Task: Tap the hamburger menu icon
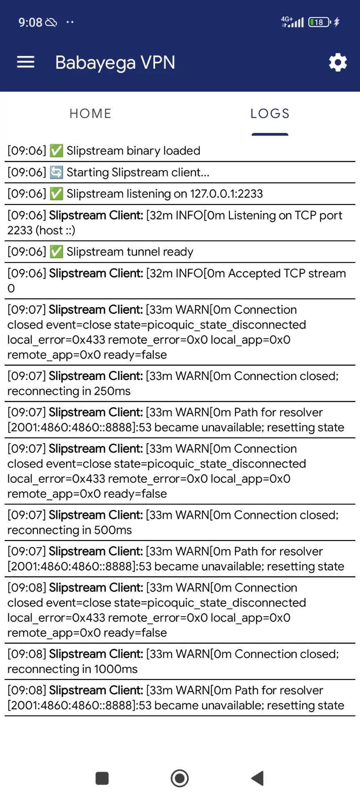pyautogui.click(x=25, y=62)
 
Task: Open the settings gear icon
pyautogui.click(x=338, y=62)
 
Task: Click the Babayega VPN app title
pyautogui.click(x=115, y=63)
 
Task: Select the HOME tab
pyautogui.click(x=90, y=113)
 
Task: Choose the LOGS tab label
pyautogui.click(x=270, y=113)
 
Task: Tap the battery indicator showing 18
pyautogui.click(x=320, y=22)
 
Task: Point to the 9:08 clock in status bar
pyautogui.click(x=30, y=22)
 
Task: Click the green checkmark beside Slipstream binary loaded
pyautogui.click(x=56, y=150)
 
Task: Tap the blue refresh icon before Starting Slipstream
pyautogui.click(x=56, y=172)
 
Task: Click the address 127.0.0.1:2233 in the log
pyautogui.click(x=227, y=194)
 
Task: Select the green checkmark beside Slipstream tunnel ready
pyautogui.click(x=56, y=252)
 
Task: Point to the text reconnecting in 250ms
pyautogui.click(x=69, y=391)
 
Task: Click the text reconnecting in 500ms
pyautogui.click(x=70, y=530)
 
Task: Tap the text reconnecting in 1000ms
pyautogui.click(x=72, y=669)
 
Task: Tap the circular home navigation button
pyautogui.click(x=180, y=778)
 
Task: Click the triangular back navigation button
pyautogui.click(x=257, y=778)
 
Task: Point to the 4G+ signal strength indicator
pyautogui.click(x=292, y=22)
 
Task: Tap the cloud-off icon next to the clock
pyautogui.click(x=51, y=22)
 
